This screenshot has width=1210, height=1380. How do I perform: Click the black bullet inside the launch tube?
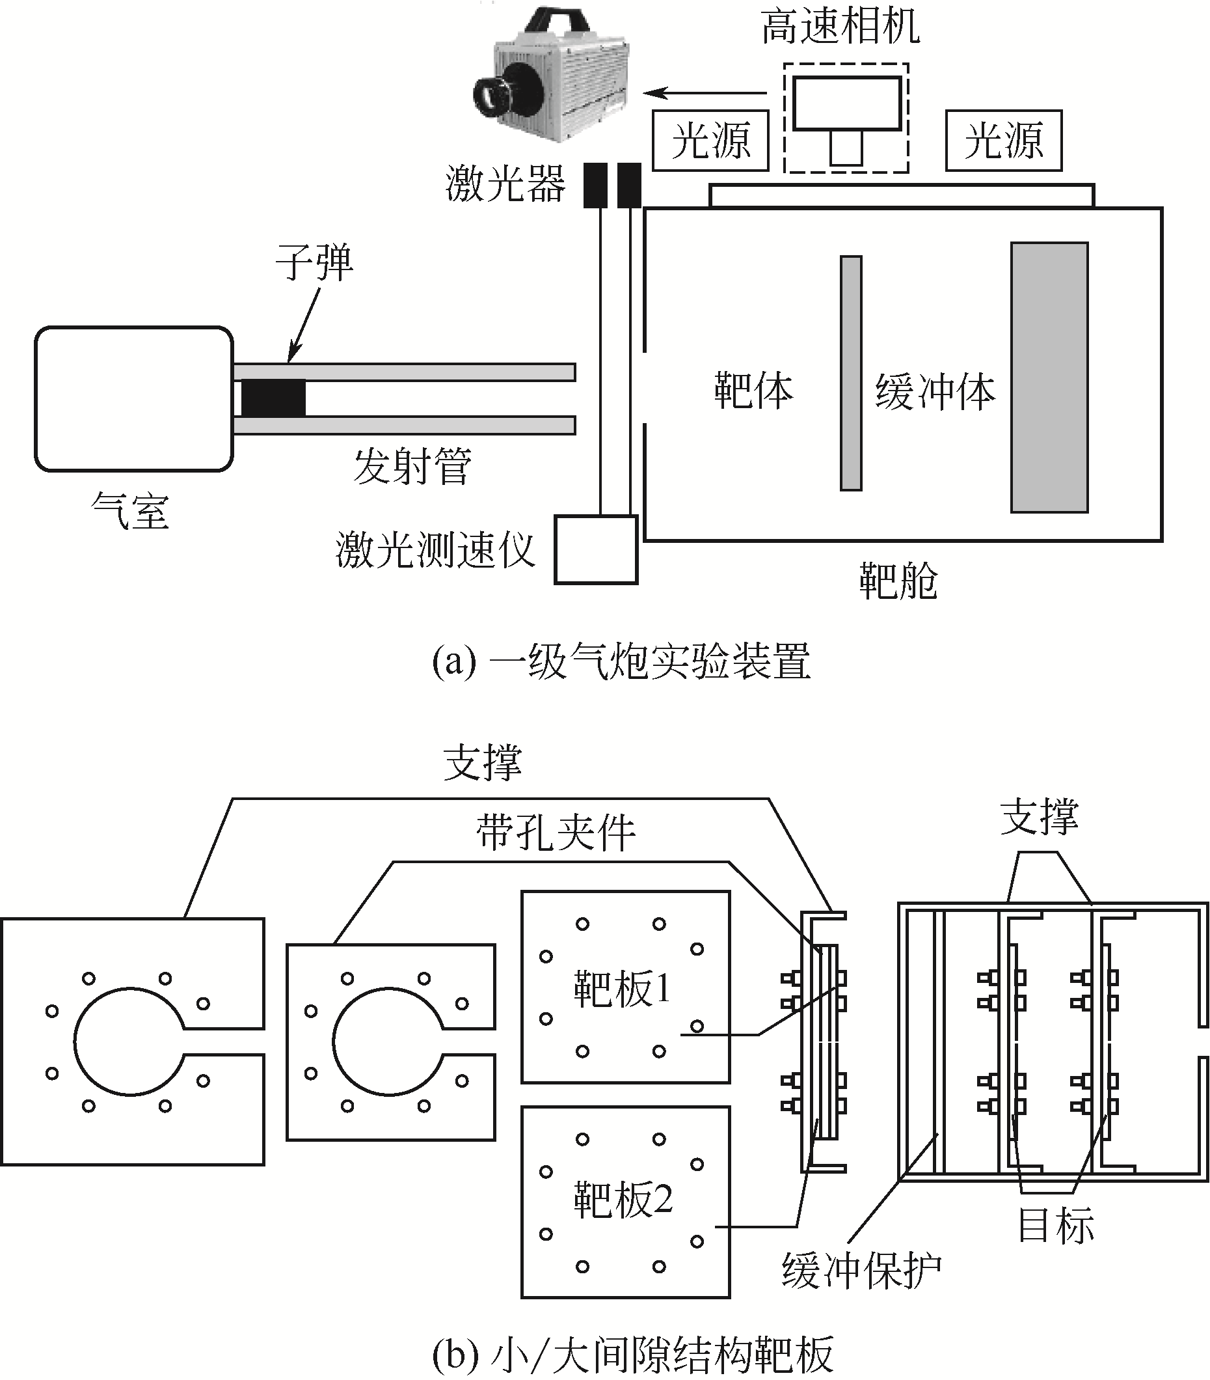tap(273, 398)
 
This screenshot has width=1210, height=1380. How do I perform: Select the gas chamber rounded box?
tap(133, 398)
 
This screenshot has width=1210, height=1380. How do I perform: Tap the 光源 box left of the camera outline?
tap(710, 141)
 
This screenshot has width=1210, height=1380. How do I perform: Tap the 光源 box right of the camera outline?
tap(1004, 141)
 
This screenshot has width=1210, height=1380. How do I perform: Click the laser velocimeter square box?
tap(595, 549)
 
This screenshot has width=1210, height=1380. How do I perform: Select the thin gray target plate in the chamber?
tap(851, 373)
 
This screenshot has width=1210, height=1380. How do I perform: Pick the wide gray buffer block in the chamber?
tap(1049, 378)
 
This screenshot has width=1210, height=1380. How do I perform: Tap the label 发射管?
tap(412, 466)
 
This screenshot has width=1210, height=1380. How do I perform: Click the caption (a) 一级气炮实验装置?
tap(621, 661)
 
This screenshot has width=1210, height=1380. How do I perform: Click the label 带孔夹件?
tap(556, 832)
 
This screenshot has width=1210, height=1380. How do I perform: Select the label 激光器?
tap(505, 184)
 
